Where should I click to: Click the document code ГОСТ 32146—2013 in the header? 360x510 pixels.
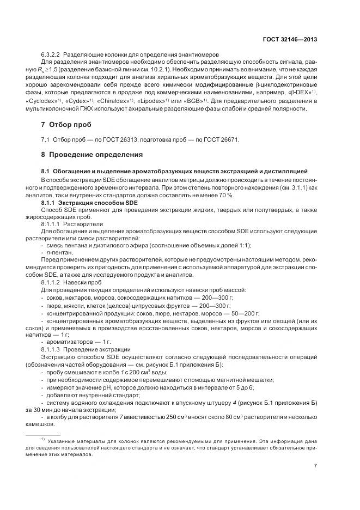coord(289,39)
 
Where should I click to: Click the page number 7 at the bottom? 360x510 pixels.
coord(316,466)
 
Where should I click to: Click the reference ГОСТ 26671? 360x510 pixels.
coord(221,139)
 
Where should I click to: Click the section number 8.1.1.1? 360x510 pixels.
coord(51,223)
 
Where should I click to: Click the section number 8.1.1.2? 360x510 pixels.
coord(51,282)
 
